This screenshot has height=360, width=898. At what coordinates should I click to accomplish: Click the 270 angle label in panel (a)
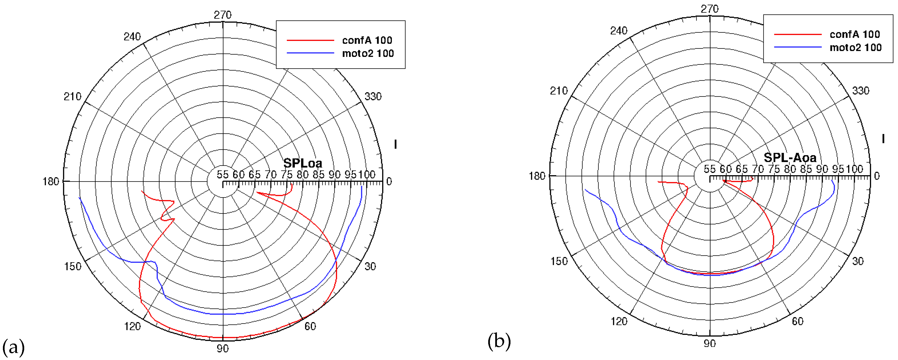click(x=223, y=15)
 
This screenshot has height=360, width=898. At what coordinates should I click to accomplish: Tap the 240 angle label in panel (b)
click(x=619, y=31)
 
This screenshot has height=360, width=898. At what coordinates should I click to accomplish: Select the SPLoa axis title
click(x=303, y=163)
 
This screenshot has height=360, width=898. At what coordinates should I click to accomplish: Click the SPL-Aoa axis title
click(x=790, y=158)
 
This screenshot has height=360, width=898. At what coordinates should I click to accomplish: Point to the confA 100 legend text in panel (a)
click(x=367, y=40)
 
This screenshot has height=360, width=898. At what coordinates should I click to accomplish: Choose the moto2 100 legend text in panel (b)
click(x=855, y=47)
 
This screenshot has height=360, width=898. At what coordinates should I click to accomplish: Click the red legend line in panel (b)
click(x=798, y=34)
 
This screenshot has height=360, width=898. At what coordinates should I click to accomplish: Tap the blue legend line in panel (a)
click(x=310, y=53)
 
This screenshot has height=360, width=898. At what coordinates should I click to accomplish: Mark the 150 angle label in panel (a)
click(x=73, y=267)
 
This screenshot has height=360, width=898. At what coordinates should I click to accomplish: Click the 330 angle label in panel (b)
click(x=861, y=91)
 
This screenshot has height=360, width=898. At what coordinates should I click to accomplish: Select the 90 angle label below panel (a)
click(x=223, y=348)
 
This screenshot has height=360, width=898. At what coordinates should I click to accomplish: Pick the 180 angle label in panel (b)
click(x=537, y=176)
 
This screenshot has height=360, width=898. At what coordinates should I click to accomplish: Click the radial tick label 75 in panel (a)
click(x=287, y=175)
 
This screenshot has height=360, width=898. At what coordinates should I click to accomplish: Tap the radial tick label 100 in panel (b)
click(x=854, y=169)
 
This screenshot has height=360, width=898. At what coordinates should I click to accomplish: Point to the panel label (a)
click(x=13, y=347)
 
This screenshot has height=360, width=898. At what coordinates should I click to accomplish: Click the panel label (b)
click(x=499, y=341)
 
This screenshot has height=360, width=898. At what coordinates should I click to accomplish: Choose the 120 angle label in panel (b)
click(x=619, y=321)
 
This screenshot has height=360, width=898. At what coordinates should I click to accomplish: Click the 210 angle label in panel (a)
click(x=73, y=97)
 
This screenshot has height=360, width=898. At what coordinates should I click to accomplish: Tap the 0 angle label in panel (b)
click(x=877, y=176)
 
